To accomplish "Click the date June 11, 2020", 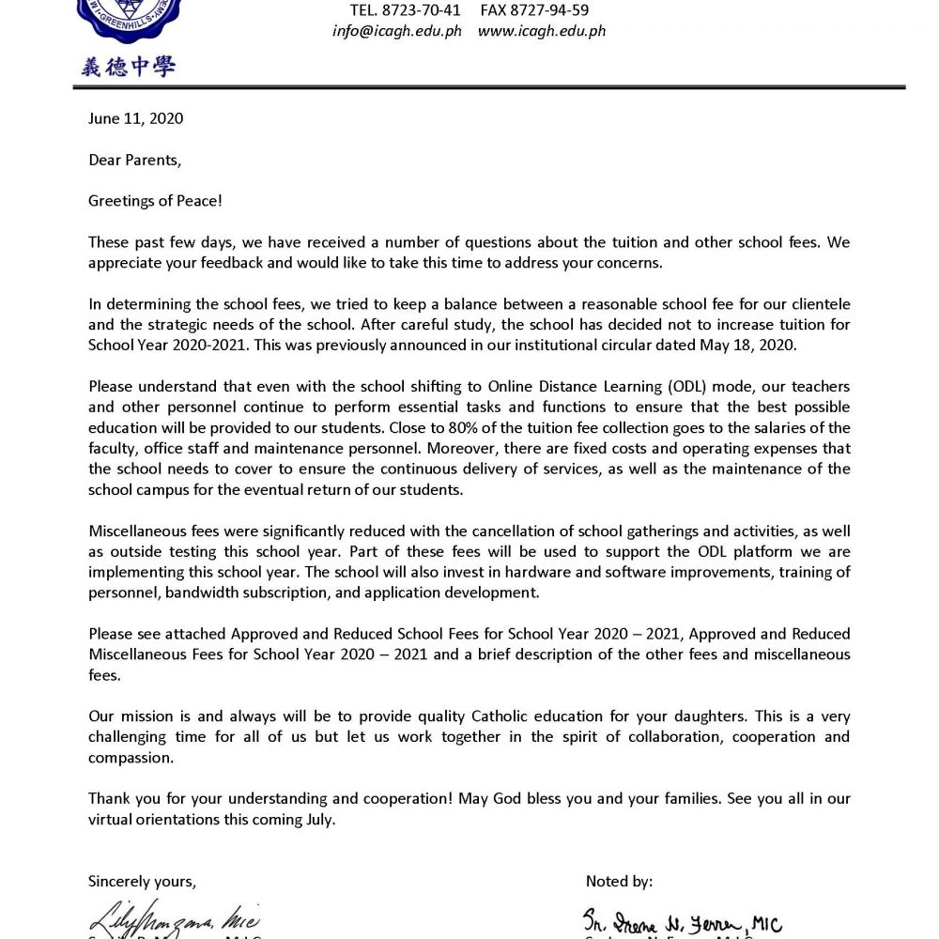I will point(135,119).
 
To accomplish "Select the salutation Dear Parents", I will point(133,160).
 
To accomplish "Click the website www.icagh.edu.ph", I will point(542,30).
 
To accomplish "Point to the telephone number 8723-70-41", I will point(405,10).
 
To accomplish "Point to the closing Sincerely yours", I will point(142,881).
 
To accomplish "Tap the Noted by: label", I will point(619,881).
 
